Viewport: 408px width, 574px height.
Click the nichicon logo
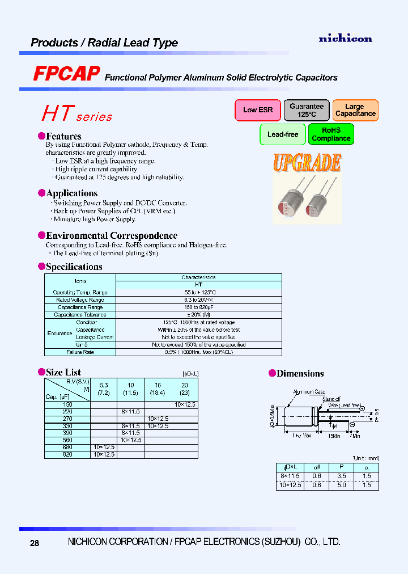pos(345,39)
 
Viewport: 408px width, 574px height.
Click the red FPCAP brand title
pos(66,74)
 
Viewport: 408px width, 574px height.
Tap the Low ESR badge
pos(258,110)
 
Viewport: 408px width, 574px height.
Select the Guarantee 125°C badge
pos(307,110)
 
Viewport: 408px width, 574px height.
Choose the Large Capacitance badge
pos(355,110)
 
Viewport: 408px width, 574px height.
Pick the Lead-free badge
pos(282,134)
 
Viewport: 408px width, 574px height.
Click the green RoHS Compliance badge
pos(331,134)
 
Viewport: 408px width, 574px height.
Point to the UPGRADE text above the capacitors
pos(307,163)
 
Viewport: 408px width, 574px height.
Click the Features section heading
pos(63,136)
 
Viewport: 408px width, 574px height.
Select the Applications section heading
pos(71,193)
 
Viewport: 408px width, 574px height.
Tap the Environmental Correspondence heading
pos(111,235)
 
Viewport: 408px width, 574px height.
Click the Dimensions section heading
pos(300,373)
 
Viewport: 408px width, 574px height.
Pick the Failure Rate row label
pos(80,352)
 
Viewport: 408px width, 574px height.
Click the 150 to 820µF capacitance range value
pos(198,307)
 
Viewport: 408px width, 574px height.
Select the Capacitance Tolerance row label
pos(80,315)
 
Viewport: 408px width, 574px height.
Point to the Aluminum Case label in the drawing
pos(308,392)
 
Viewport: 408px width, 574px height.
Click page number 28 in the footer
pos(35,543)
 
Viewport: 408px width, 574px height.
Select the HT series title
pos(76,114)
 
